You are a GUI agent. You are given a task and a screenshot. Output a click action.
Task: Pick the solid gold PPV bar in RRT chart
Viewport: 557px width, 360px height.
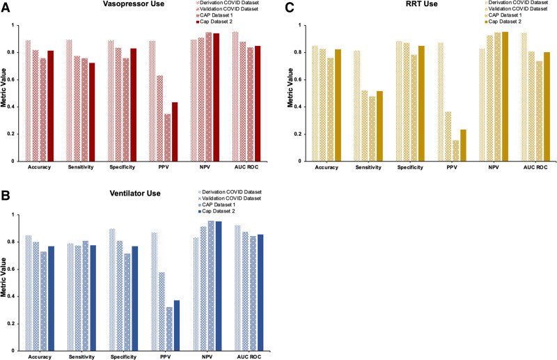[x=463, y=145]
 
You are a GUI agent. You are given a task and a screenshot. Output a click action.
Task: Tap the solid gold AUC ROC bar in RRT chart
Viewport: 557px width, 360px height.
[x=547, y=107]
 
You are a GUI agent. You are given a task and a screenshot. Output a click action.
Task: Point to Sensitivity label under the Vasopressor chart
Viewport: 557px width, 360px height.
[x=81, y=168]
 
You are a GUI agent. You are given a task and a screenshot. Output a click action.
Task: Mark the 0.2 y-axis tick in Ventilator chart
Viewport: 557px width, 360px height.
[x=15, y=324]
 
